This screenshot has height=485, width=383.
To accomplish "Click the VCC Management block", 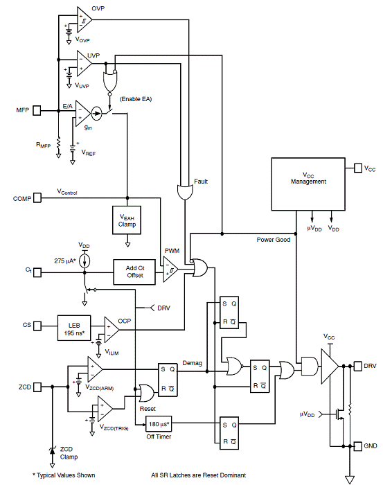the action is [x=308, y=184].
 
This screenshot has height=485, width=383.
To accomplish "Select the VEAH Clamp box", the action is [x=127, y=220].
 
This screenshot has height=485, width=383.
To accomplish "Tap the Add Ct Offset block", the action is [x=134, y=272].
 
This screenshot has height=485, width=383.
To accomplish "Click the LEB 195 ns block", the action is [x=74, y=328].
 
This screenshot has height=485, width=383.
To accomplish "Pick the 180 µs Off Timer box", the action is [x=159, y=424].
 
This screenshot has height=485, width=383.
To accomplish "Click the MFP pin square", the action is [x=37, y=110].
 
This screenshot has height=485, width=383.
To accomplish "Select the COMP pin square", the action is [x=37, y=198].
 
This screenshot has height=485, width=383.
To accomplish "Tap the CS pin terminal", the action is [x=37, y=326].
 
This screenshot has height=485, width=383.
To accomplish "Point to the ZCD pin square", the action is [x=37, y=387].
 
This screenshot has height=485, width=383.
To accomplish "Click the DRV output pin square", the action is [x=357, y=366].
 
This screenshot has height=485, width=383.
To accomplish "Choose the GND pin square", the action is [x=357, y=446].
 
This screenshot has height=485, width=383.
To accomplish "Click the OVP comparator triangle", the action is [x=84, y=20].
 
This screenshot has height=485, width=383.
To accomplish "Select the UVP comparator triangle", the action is [x=84, y=64].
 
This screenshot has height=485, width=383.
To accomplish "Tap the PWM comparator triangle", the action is [x=170, y=269].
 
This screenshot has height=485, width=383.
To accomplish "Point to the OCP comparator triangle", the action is [x=112, y=330].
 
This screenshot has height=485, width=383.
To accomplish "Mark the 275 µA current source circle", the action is [x=84, y=261].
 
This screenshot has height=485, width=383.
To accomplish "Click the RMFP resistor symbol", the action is [x=58, y=145].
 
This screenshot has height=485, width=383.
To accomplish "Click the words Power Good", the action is [x=274, y=240].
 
